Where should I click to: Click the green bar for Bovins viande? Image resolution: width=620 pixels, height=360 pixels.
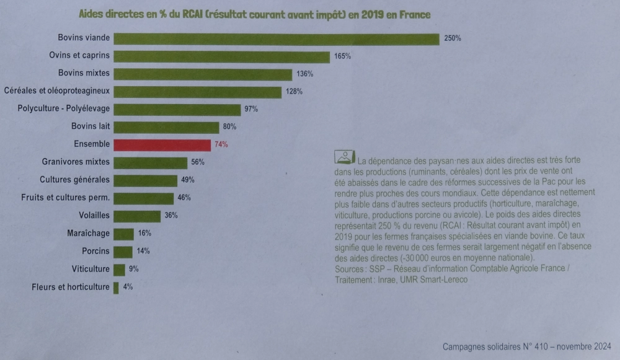(x=277, y=38)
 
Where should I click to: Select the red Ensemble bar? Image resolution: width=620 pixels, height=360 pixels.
(x=162, y=144)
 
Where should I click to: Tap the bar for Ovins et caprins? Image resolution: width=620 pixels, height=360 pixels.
(x=221, y=56)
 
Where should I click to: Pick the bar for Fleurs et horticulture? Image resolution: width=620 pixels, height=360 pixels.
(x=116, y=288)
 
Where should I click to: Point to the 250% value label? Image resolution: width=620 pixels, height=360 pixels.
(x=453, y=38)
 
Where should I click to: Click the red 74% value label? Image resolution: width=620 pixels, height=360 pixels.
(x=221, y=145)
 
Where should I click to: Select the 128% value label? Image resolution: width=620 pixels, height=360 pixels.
(x=294, y=92)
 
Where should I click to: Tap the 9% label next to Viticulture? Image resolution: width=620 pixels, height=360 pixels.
(x=134, y=270)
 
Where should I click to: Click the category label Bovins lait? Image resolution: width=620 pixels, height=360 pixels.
(x=89, y=127)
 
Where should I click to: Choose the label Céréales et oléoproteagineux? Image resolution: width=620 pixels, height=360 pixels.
(x=57, y=91)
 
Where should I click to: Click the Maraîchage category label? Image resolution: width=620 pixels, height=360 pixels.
(x=89, y=234)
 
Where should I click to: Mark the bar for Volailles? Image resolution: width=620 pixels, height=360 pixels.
(x=137, y=216)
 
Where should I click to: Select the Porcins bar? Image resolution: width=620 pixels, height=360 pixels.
(x=123, y=252)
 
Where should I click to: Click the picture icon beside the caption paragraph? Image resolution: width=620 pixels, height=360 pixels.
(x=345, y=157)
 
